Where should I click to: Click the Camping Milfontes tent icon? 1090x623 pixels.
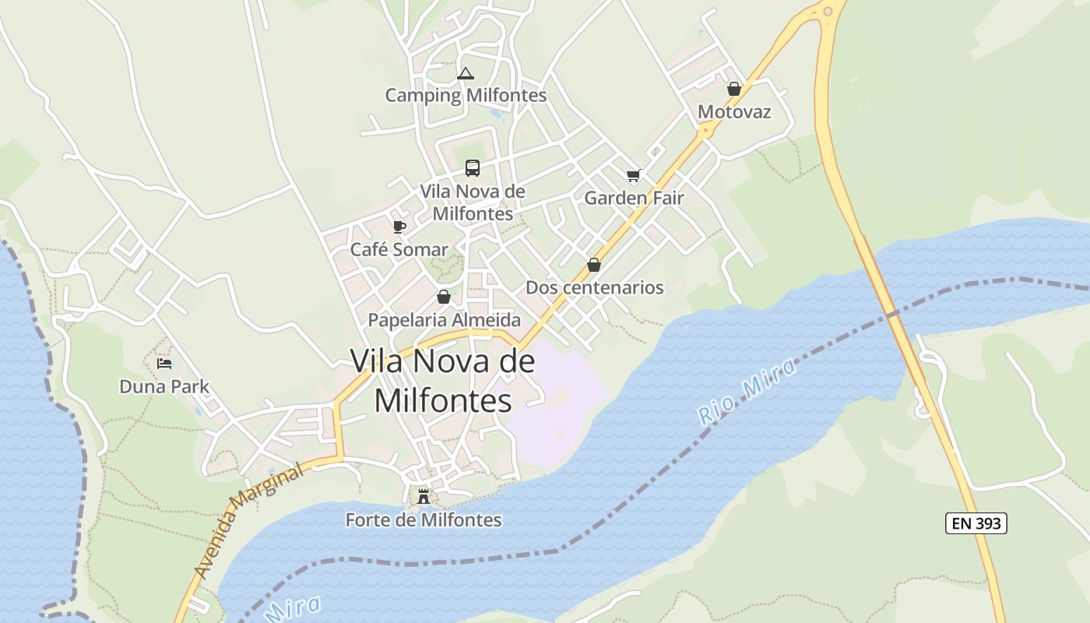tap(466, 74)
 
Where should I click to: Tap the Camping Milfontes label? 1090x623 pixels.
tap(466, 96)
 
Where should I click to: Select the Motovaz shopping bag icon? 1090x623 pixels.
tap(733, 90)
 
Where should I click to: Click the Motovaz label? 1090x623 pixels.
tap(733, 112)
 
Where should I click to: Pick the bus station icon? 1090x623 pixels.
tap(473, 167)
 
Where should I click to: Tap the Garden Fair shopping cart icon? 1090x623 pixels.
tap(634, 176)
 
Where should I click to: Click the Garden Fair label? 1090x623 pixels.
tap(634, 198)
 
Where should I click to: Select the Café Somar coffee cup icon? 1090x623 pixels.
tap(399, 227)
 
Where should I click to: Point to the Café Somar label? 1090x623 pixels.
tap(399, 250)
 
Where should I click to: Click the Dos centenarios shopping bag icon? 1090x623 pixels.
tap(594, 265)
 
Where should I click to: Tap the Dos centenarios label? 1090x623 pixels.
tap(594, 287)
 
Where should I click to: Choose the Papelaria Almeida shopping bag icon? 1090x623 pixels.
tap(444, 297)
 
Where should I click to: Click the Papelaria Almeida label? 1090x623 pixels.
tap(444, 320)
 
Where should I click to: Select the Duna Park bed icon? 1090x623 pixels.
tap(164, 364)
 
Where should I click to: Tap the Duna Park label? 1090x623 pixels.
tap(164, 386)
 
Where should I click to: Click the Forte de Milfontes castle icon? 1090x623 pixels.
tap(424, 496)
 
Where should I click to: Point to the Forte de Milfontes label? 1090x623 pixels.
tap(424, 520)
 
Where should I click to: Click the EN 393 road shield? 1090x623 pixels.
tap(976, 523)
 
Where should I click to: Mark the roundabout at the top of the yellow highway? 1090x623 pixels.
tap(828, 11)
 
